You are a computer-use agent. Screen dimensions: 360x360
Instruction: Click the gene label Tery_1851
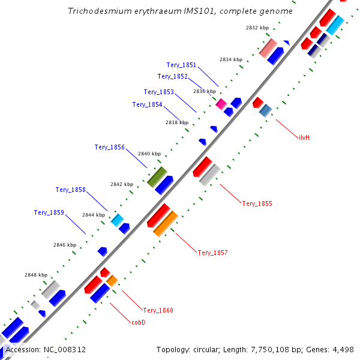point(182,65)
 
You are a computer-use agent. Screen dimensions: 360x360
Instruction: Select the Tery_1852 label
point(172,76)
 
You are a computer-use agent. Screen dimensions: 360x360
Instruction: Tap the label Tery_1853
point(159,92)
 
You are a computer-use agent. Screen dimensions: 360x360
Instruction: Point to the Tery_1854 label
point(147,104)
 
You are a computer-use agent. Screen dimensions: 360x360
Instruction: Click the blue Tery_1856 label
point(109,147)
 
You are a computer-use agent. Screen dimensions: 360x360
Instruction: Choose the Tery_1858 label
point(71,190)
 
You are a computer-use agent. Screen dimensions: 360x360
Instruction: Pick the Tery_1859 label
point(49,212)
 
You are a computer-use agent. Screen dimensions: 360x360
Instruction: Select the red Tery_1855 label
point(257,203)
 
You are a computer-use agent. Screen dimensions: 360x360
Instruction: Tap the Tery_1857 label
point(212,253)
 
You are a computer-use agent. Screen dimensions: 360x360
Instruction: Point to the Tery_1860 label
point(158,310)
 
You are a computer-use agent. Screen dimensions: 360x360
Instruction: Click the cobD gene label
point(139,322)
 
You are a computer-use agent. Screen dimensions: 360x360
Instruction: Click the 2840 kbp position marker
point(149,154)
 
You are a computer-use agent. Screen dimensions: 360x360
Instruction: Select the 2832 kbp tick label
point(257,28)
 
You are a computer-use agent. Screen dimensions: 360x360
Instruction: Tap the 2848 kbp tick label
point(36,275)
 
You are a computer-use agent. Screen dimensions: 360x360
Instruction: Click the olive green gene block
point(157,176)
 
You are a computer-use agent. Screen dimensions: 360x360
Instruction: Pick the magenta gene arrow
point(221,104)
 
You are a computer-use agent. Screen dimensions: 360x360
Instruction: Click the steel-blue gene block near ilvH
point(265,110)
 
